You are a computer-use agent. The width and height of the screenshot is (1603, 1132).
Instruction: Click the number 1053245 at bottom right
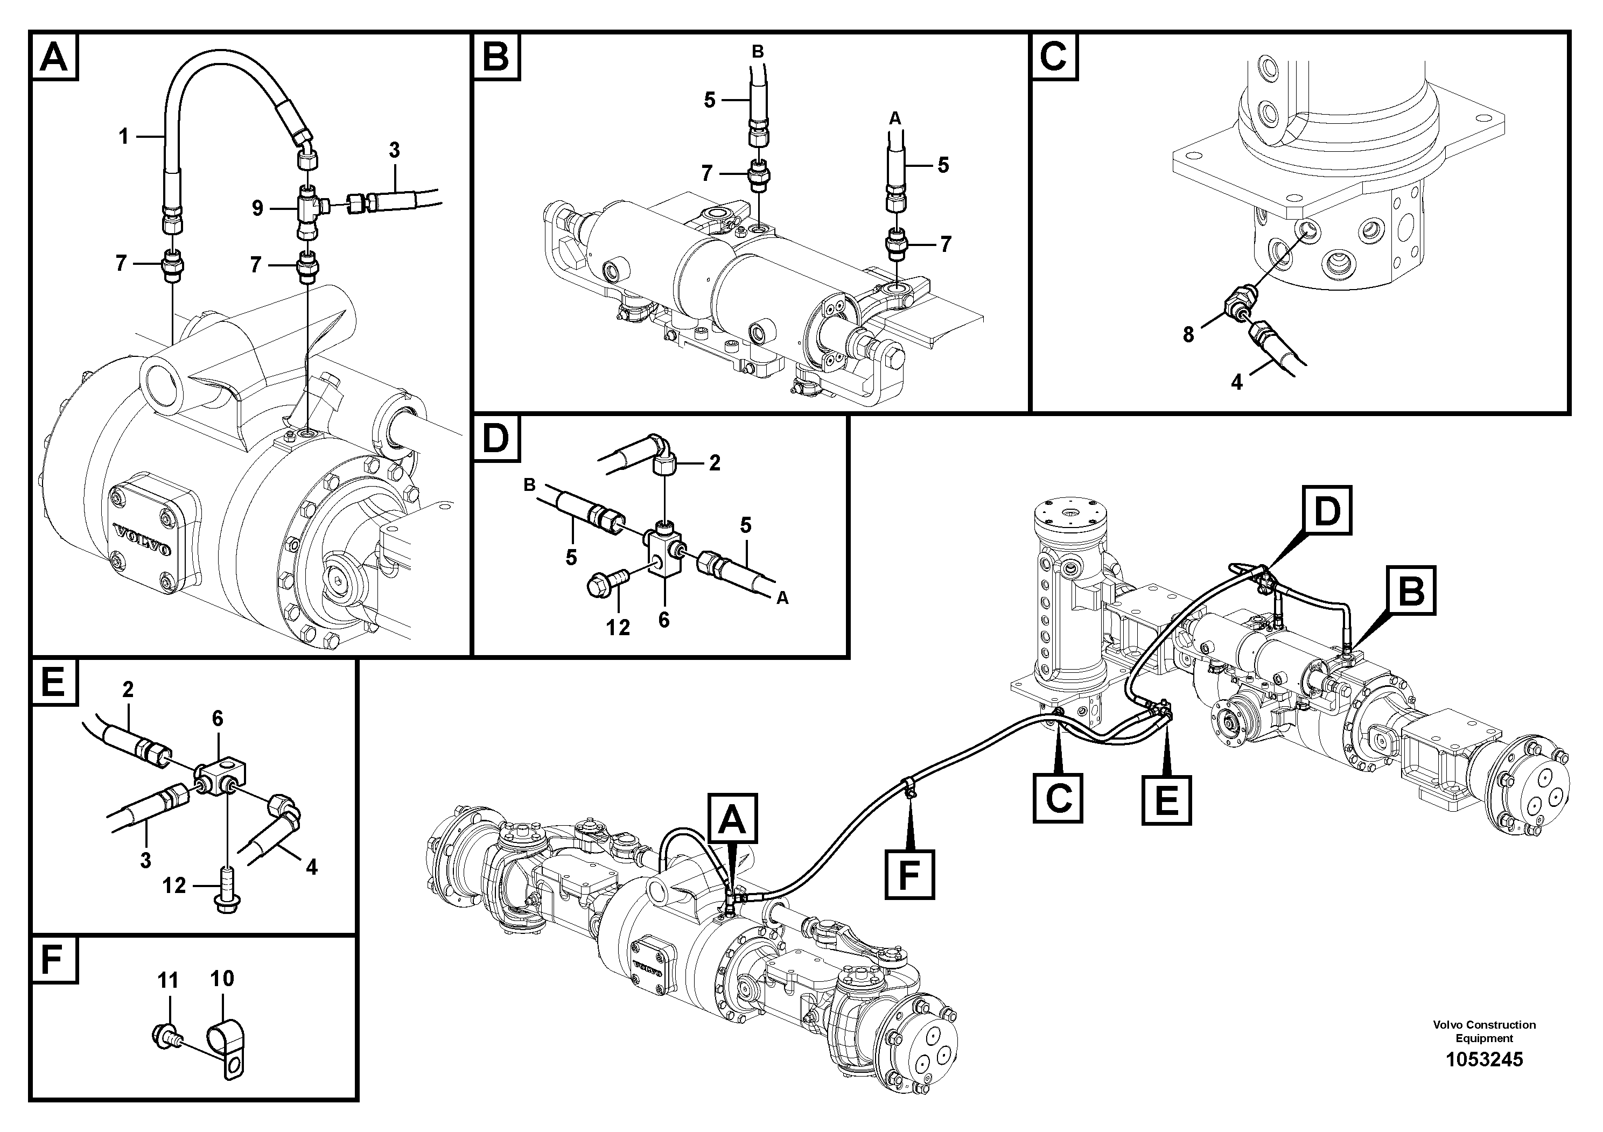pos(1483,1059)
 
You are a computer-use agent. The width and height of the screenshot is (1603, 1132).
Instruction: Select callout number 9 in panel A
pos(257,208)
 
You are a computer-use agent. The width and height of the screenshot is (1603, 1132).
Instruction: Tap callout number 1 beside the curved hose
pos(123,136)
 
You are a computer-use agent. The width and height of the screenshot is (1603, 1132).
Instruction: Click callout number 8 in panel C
pos(1188,335)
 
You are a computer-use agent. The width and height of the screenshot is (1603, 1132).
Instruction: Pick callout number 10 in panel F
pos(222,979)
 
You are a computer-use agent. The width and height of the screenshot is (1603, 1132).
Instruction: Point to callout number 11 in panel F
pos(167,981)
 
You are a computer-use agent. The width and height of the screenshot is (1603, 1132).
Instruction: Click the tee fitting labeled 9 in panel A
pos(308,208)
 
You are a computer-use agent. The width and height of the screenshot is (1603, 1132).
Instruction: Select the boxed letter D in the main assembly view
pos(1327,511)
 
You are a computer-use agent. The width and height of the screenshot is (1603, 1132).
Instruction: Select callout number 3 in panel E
pos(145,861)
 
